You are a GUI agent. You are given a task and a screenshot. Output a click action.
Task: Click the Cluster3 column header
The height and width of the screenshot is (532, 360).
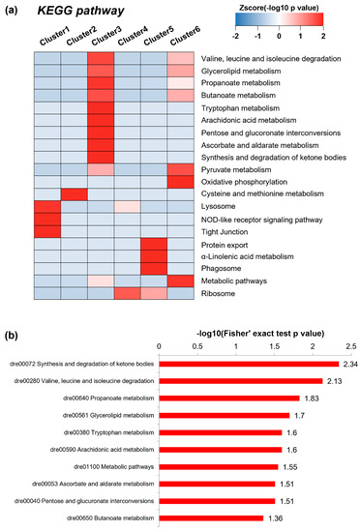106,37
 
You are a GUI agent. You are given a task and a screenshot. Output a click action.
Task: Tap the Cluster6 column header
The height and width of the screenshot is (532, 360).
185,36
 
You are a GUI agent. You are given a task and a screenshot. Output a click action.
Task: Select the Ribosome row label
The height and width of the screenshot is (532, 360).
218,293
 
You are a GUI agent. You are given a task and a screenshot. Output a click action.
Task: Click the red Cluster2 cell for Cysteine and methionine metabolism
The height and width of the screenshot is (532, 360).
75,194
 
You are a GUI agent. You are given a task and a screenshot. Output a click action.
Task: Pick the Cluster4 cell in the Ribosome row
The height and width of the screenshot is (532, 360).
128,293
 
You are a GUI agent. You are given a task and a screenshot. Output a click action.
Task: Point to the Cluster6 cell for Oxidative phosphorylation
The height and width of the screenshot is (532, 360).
181,182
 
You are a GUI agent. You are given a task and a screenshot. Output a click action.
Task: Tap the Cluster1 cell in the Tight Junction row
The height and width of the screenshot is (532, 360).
47,232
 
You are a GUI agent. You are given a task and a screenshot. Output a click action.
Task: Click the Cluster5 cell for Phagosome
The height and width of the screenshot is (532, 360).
154,269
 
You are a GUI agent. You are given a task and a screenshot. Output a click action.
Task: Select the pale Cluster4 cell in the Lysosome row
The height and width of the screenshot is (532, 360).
128,207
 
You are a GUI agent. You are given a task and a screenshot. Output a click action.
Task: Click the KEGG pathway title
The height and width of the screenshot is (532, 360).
80,11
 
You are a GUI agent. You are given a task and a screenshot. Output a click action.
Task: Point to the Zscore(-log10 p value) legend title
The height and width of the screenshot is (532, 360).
280,8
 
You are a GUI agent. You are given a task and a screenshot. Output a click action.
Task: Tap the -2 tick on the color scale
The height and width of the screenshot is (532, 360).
235,36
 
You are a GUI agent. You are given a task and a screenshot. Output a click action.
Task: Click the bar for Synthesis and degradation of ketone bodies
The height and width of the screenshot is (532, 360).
249,364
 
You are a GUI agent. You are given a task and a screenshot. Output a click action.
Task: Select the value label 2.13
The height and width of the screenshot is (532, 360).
334,381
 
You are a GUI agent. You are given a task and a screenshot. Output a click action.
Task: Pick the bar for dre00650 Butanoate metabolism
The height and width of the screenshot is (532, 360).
211,518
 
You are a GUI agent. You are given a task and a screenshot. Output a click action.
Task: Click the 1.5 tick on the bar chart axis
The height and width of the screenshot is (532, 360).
275,346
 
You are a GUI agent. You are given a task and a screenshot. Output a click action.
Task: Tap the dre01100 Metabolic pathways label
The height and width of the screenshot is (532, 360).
113,467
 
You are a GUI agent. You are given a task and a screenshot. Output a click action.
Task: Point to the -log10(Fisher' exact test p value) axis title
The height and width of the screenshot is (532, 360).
260,334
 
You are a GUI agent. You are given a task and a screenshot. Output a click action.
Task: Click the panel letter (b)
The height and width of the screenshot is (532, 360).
12,336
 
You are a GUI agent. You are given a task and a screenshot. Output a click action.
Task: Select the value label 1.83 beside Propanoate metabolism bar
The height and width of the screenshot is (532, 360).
312,399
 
